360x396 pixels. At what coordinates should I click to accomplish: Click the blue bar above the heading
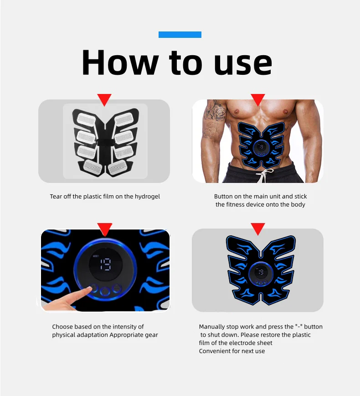pos(180,35)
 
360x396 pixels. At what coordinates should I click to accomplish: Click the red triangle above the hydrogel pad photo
pos(104,99)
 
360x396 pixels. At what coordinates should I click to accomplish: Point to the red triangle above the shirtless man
pos(258,99)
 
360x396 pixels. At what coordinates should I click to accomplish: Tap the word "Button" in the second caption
pos(224,197)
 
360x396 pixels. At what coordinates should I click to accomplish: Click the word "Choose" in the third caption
pos(62,327)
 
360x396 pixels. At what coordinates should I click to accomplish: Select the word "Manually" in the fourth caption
pos(212,327)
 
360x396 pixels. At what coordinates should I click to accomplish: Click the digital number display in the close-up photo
pos(105,264)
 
